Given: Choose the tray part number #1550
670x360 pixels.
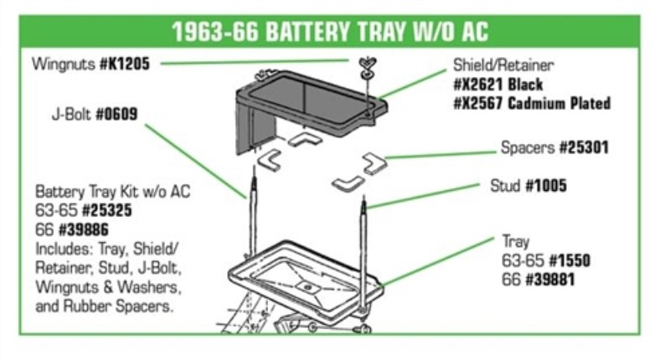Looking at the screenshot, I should (x=569, y=260).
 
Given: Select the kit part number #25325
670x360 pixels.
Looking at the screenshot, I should (x=104, y=210).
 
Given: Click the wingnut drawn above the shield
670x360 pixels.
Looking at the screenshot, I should (x=367, y=64).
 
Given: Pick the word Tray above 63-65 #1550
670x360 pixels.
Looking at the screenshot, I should (x=516, y=242).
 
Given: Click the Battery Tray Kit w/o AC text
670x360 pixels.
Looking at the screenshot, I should (x=113, y=192).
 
